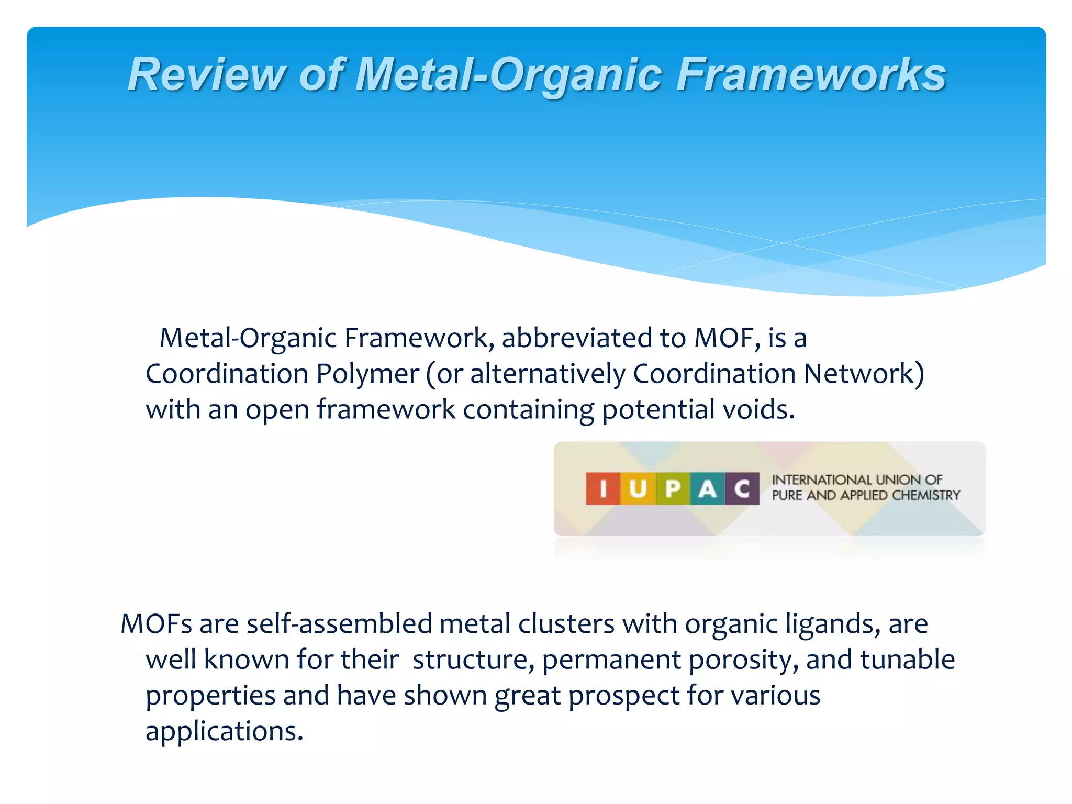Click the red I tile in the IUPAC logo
(603, 488)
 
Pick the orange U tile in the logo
(638, 488)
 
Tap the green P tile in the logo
(673, 488)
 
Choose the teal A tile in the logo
(707, 488)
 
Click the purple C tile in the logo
(742, 488)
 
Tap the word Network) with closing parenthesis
(864, 374)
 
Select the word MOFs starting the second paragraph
(156, 624)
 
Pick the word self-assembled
(339, 624)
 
